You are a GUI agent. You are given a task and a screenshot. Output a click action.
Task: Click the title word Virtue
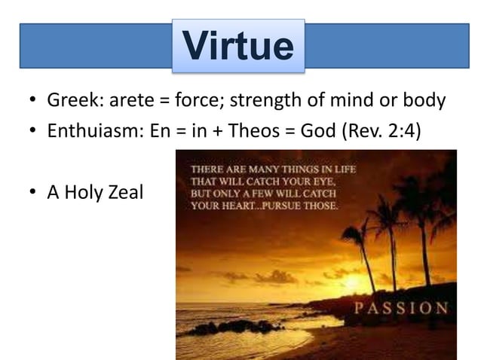tap(238, 46)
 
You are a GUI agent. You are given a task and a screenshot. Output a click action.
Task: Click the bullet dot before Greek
tap(35, 101)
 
